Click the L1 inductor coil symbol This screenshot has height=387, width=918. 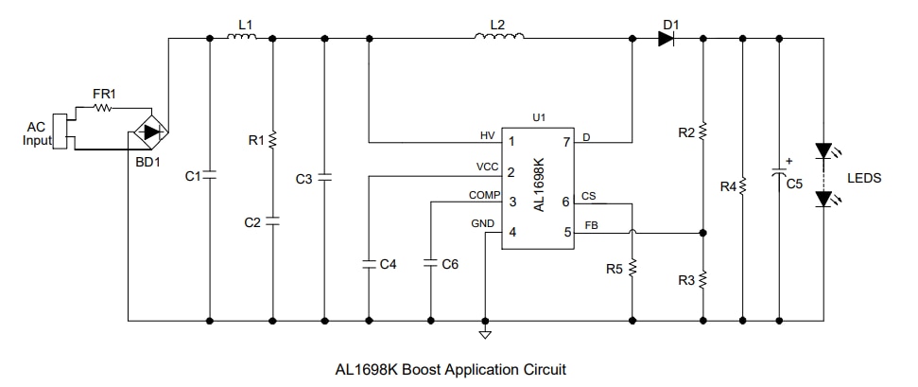point(240,38)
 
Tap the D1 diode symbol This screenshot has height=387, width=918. point(667,39)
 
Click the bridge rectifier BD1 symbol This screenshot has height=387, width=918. point(147,132)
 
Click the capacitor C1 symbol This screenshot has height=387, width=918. point(208,175)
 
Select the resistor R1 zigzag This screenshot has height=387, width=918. point(272,140)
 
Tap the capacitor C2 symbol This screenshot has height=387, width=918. point(272,221)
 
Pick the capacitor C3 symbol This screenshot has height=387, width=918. point(324,177)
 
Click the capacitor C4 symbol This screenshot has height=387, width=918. point(368,264)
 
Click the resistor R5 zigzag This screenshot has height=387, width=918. point(632,269)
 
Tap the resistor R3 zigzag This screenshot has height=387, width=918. point(703,280)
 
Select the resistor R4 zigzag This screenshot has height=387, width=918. point(742,186)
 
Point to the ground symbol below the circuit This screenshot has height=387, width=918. point(485,333)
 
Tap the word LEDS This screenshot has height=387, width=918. point(863,177)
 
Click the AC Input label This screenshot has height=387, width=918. point(34,133)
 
